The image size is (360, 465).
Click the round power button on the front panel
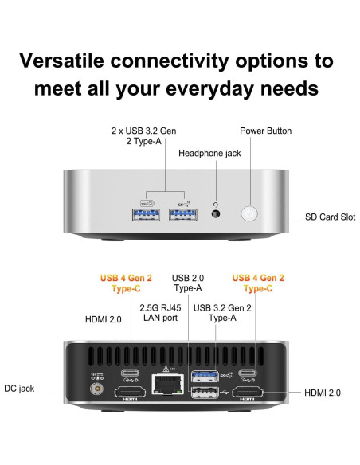251,213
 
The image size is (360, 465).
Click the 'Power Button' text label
265,131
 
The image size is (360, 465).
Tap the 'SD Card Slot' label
331,217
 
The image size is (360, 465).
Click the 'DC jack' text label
22,389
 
